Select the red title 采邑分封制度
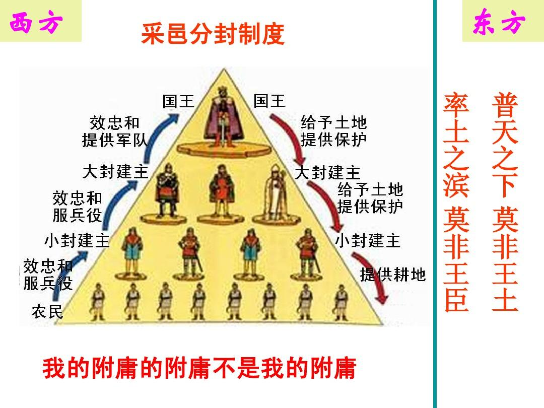(213, 35)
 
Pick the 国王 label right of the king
(269, 101)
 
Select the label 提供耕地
(393, 275)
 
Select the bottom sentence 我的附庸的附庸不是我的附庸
(199, 368)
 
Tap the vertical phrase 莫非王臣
(456, 259)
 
